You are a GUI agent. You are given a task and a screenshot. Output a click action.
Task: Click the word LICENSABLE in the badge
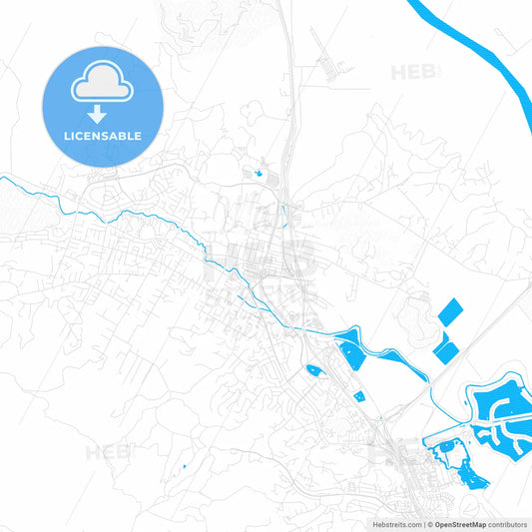(103, 136)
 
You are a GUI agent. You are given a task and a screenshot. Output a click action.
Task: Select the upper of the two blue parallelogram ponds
(452, 312)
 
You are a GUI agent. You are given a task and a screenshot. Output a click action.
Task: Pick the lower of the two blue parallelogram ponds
(445, 350)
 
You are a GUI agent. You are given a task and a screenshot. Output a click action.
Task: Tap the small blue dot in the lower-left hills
(185, 467)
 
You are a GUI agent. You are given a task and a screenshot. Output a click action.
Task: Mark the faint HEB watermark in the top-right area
(412, 72)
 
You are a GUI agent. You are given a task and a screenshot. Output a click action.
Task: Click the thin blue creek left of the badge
(30, 183)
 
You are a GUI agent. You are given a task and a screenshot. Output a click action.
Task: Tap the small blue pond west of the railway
(313, 370)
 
